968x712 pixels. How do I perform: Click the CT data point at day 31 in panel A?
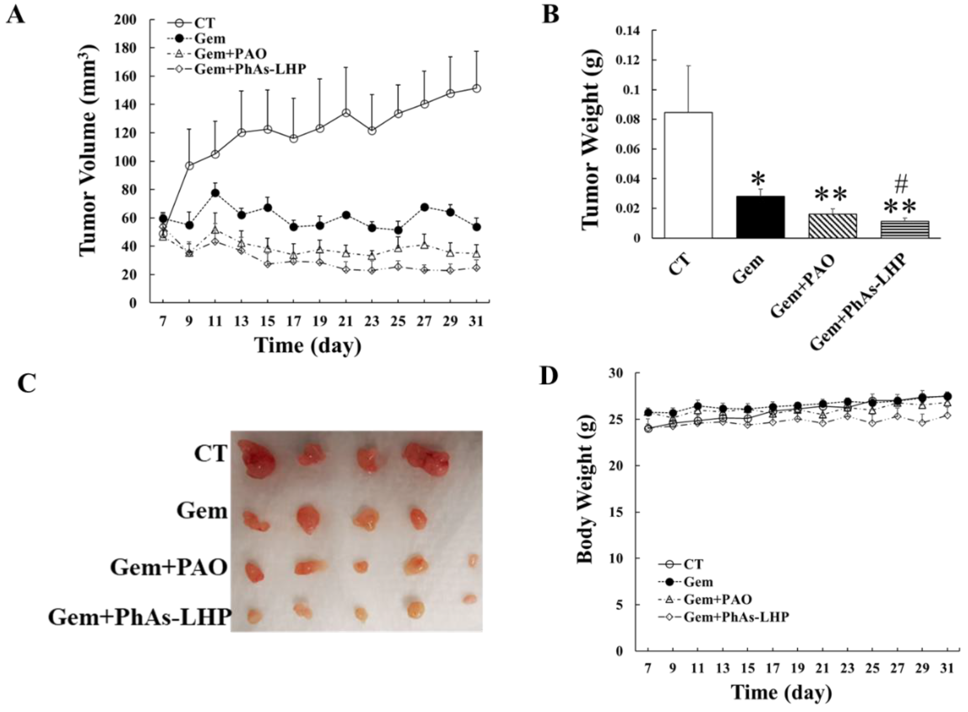[476, 88]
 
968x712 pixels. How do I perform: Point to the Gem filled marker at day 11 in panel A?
[215, 193]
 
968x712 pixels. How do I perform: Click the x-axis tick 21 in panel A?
[346, 321]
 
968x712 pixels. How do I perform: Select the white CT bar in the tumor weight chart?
[688, 174]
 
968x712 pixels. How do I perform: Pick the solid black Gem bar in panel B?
[760, 217]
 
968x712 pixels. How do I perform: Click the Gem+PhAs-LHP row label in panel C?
[139, 617]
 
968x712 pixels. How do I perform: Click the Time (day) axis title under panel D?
[781, 693]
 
